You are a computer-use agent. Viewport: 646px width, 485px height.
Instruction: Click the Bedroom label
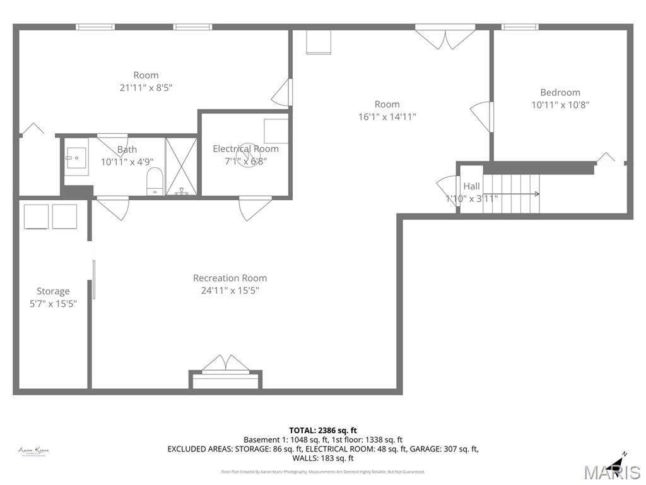click(x=560, y=92)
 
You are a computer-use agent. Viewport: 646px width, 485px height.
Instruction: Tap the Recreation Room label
click(x=230, y=278)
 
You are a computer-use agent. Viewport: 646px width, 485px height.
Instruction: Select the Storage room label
click(x=53, y=291)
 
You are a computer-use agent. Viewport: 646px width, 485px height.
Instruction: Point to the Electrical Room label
click(x=245, y=149)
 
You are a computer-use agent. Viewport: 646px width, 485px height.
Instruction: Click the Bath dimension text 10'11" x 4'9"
click(x=127, y=162)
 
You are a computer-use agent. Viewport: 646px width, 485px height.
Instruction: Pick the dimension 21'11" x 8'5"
click(x=146, y=88)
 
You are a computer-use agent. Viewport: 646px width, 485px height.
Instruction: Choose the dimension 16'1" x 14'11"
click(x=387, y=117)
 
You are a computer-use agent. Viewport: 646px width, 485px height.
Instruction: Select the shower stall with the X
click(x=181, y=166)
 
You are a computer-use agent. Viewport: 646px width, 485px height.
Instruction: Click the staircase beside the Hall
click(x=511, y=194)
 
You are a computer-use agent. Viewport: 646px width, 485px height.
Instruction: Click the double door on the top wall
click(x=445, y=37)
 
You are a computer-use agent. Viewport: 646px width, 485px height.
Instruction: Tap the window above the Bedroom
click(x=519, y=27)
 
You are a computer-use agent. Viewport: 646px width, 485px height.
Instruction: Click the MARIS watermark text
click(x=612, y=472)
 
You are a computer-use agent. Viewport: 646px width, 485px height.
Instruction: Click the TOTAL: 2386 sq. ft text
click(x=322, y=430)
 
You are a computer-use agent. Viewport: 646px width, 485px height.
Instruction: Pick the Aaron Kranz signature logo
click(x=33, y=451)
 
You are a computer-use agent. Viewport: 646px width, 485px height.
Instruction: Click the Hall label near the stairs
click(x=471, y=186)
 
